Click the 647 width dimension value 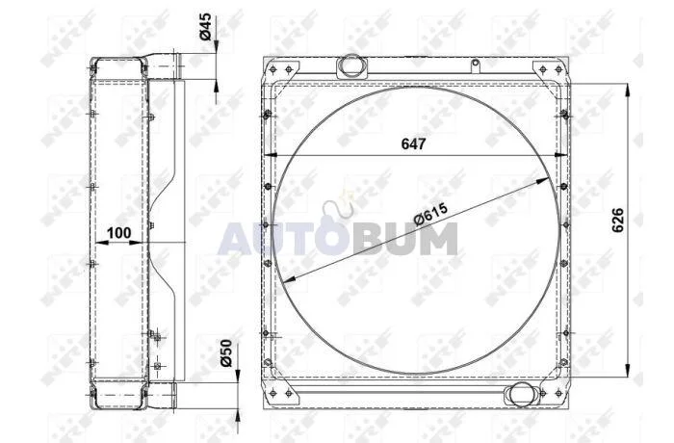(x=413, y=143)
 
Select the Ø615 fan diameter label (x=430, y=214)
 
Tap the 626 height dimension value (x=618, y=221)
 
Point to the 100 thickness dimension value (x=118, y=233)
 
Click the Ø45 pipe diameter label (x=206, y=26)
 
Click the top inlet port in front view (x=350, y=65)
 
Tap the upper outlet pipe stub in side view (x=165, y=65)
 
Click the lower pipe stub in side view (x=163, y=395)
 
